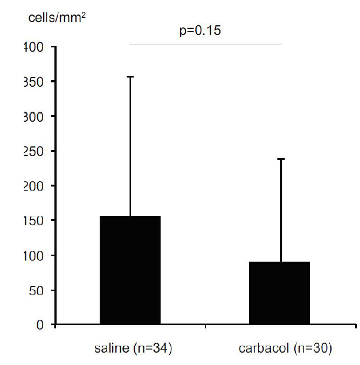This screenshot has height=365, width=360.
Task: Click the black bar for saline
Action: tap(130, 270)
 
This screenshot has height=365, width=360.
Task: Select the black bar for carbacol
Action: tap(279, 293)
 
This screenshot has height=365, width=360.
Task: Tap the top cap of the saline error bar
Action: tap(130, 77)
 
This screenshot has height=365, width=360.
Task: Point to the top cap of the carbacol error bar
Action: tap(280, 159)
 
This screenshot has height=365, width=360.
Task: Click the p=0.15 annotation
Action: tap(200, 30)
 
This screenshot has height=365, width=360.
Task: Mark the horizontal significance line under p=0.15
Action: tap(205, 44)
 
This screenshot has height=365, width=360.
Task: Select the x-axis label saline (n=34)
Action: tap(129, 349)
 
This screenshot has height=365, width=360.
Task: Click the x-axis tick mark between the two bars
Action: tap(205, 326)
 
